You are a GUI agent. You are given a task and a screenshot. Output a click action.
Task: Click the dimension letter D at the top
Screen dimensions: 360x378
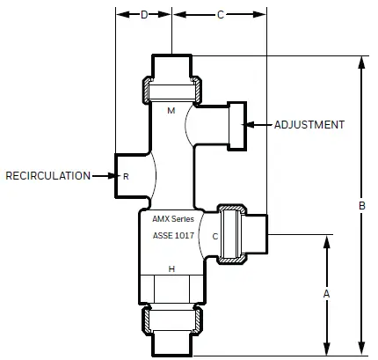click(145, 15)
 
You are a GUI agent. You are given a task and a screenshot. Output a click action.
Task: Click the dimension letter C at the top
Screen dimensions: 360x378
click(221, 15)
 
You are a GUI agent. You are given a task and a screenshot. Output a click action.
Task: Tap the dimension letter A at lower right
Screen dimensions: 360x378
click(327, 293)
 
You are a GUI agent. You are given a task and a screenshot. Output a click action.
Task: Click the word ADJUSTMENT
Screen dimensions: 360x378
click(309, 125)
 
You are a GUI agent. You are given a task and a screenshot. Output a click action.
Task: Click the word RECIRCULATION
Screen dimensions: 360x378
click(47, 176)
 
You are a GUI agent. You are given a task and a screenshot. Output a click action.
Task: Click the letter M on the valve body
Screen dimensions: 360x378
click(171, 111)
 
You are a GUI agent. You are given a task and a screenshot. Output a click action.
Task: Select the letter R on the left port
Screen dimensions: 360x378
click(126, 177)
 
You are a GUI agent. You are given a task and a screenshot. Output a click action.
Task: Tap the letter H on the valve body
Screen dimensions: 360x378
click(172, 269)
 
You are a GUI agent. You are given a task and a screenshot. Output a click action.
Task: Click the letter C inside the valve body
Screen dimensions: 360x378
click(214, 236)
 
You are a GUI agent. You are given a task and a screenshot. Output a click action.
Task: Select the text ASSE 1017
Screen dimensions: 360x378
click(173, 236)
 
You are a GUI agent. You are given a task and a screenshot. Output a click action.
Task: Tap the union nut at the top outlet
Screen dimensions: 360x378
click(173, 90)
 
